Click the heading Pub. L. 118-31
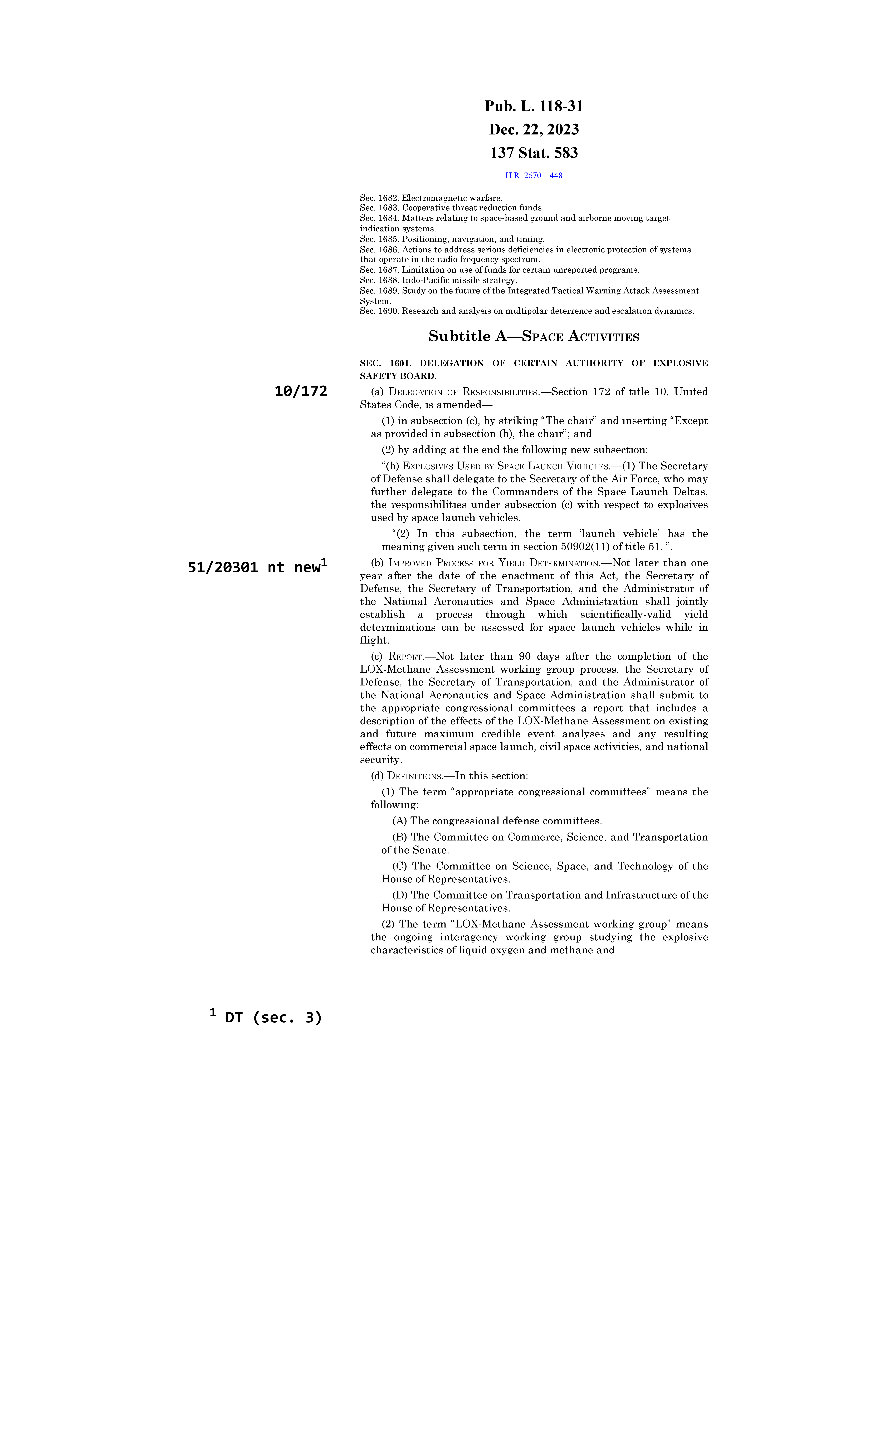coord(534,107)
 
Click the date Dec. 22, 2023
coord(534,129)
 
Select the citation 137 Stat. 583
coord(534,153)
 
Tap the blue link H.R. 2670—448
coord(534,175)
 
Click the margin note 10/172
coord(301,391)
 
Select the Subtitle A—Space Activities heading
coord(534,337)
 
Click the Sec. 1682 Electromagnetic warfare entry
coord(431,198)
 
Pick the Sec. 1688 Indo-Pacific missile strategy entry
coord(438,280)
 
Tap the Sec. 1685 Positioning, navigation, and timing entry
coord(452,239)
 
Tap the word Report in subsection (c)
coord(406,657)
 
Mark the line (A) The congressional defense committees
coord(497,821)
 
